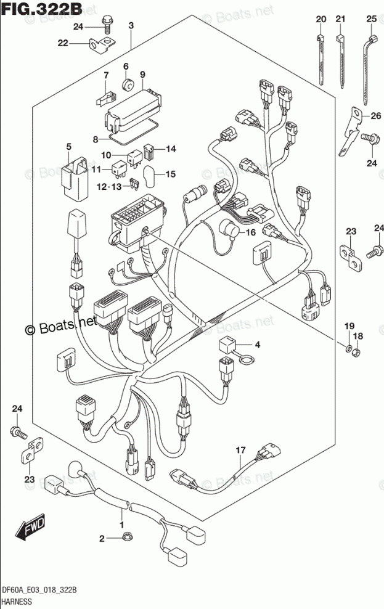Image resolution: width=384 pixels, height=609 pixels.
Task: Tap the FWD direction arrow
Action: coord(26,528)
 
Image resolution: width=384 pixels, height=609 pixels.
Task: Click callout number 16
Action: coord(250,232)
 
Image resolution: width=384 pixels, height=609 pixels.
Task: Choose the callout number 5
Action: coord(69,146)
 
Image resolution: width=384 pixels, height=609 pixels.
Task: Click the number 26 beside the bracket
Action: coord(376,115)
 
